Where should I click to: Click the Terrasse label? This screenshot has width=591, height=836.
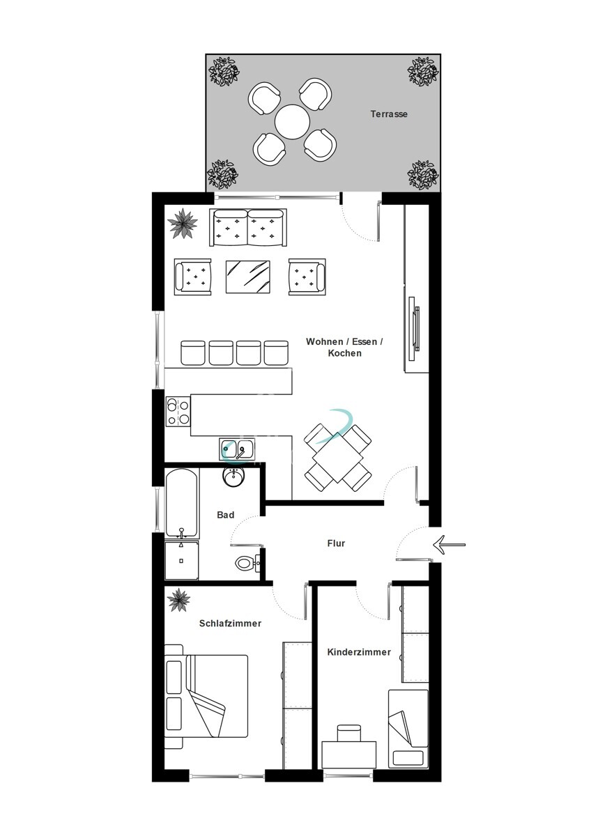point(389,114)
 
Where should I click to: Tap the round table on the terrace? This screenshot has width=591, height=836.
point(292,122)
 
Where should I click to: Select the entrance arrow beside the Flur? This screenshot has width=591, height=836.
point(448,544)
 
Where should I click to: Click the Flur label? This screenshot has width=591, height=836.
point(337,543)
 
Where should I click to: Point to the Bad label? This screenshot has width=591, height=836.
point(225,516)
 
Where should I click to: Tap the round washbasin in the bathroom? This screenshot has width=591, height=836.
point(233,477)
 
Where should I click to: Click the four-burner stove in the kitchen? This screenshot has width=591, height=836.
point(178,411)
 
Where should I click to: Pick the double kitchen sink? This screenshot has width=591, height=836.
point(237,449)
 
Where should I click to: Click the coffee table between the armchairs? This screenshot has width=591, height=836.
point(248,277)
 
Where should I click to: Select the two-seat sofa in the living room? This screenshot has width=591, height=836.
point(247,227)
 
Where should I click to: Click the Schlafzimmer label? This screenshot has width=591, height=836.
point(230,624)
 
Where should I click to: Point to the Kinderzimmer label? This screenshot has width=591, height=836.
point(359,653)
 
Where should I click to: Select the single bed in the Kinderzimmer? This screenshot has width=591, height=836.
point(408,728)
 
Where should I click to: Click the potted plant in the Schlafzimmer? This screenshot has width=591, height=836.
point(179,599)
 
